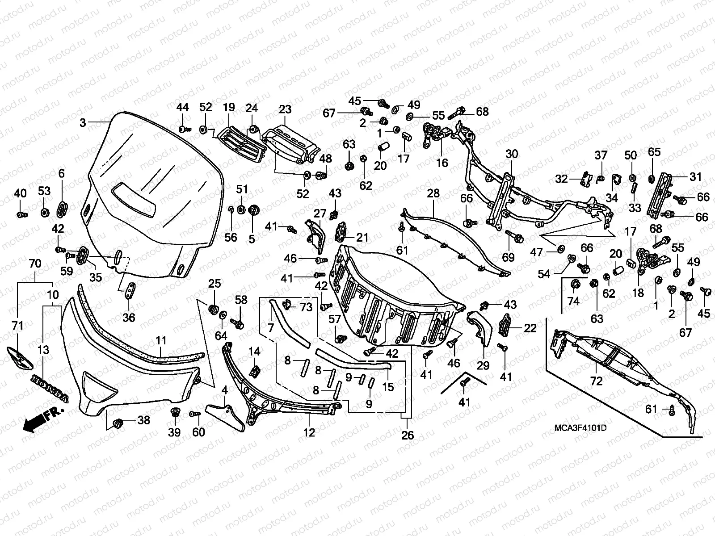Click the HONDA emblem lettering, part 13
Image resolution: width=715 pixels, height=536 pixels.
click(50, 387)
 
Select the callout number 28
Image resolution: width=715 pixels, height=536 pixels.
click(433, 193)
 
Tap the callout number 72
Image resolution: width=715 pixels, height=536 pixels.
click(596, 381)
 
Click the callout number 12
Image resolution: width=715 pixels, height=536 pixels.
click(309, 432)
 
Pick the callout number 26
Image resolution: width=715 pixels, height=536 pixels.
click(408, 435)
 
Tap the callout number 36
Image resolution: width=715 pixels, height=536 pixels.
click(129, 317)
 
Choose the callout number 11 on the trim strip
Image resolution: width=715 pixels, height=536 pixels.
click(161, 341)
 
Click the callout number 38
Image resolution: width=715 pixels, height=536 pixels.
click(144, 420)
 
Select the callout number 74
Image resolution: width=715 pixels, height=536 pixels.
click(573, 301)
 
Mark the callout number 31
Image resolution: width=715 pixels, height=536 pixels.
click(695, 177)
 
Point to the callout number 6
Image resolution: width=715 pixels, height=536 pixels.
click(62, 173)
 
